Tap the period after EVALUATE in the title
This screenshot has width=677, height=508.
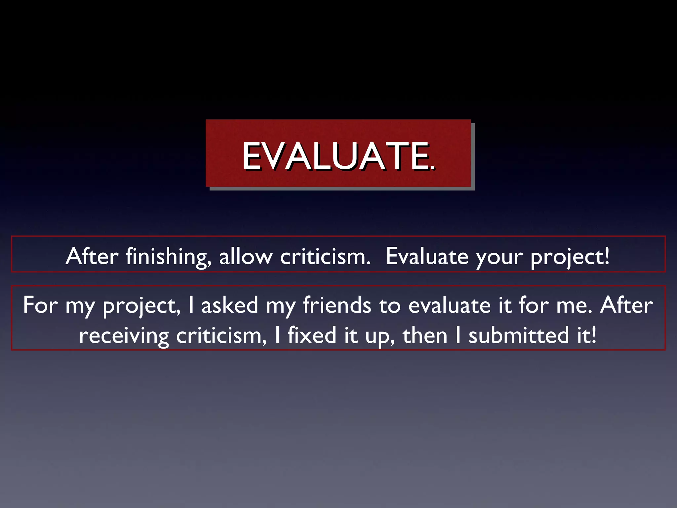pos(433,168)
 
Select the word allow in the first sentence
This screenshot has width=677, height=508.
pos(246,256)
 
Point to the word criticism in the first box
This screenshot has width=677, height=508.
pos(325,256)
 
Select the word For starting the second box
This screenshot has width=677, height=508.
pos(40,305)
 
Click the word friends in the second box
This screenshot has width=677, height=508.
pos(337,305)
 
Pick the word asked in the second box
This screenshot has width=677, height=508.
pos(230,305)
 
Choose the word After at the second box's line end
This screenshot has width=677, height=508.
pos(626,305)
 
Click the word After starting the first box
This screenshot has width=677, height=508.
pos(92,256)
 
